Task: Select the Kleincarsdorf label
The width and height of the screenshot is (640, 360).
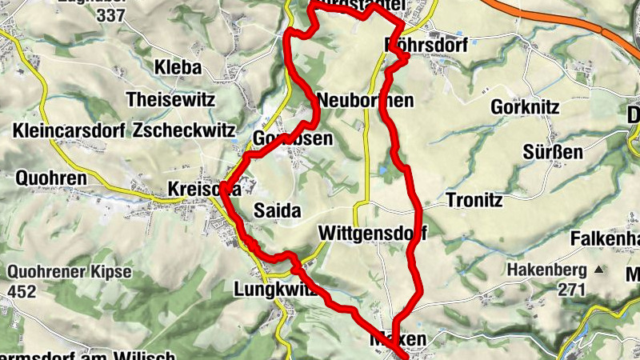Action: [x=69, y=130]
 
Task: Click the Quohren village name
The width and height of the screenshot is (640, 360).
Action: [x=50, y=178]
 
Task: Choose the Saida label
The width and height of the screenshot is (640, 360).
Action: [x=276, y=211]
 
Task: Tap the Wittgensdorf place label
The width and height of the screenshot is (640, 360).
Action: [x=371, y=234]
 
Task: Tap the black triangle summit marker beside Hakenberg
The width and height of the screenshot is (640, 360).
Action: [x=597, y=269]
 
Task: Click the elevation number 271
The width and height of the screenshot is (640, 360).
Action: [x=572, y=290]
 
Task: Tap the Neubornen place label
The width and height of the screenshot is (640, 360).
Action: [x=366, y=101]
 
